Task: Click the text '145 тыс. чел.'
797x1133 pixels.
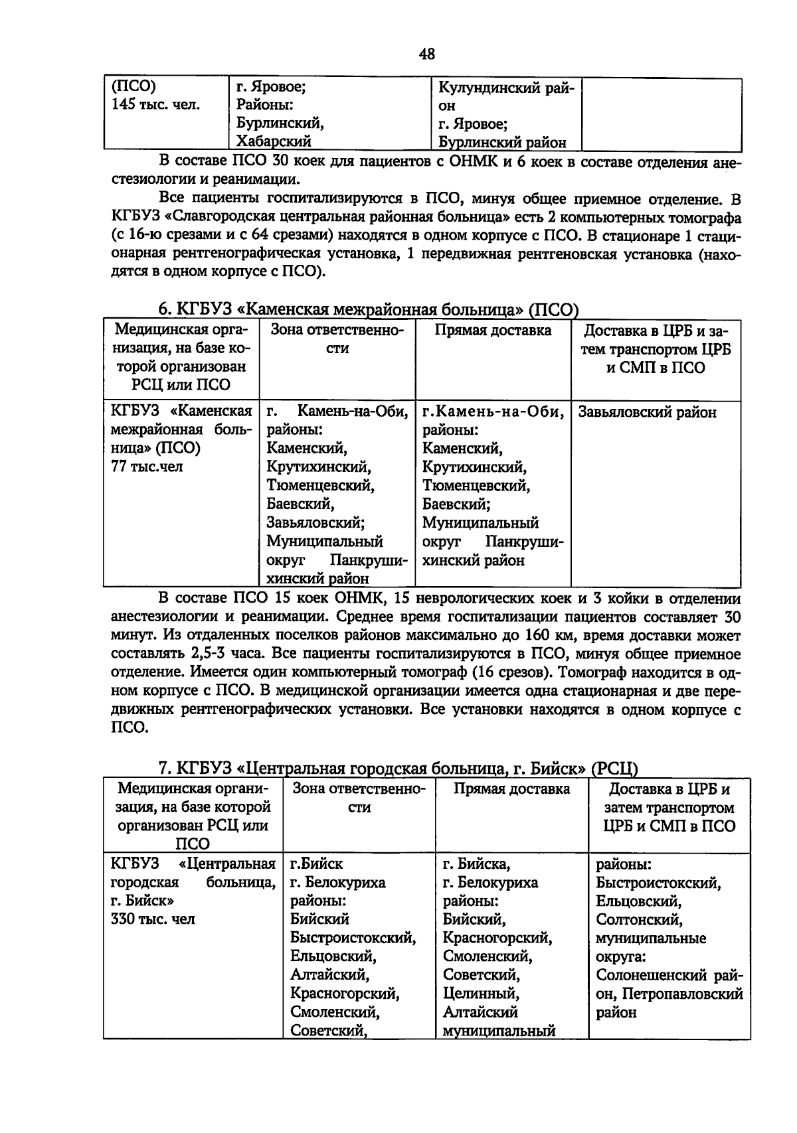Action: click(155, 105)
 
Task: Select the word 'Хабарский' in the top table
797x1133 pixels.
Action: click(274, 141)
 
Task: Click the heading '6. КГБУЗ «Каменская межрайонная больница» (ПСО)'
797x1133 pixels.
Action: click(368, 309)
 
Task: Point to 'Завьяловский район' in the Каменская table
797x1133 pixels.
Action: click(647, 412)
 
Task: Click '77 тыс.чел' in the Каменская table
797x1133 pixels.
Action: click(147, 467)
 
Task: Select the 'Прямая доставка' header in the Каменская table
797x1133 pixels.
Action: click(493, 331)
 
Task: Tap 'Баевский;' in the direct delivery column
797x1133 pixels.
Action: click(456, 504)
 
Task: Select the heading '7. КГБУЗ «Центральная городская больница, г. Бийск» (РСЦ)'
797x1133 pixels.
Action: click(397, 769)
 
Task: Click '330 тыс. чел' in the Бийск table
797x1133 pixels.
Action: click(153, 919)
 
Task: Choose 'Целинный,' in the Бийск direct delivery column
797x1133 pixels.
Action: click(481, 994)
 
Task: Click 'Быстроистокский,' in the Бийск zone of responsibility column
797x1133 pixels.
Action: click(353, 938)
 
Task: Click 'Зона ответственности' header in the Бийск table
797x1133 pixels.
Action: click(359, 798)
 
